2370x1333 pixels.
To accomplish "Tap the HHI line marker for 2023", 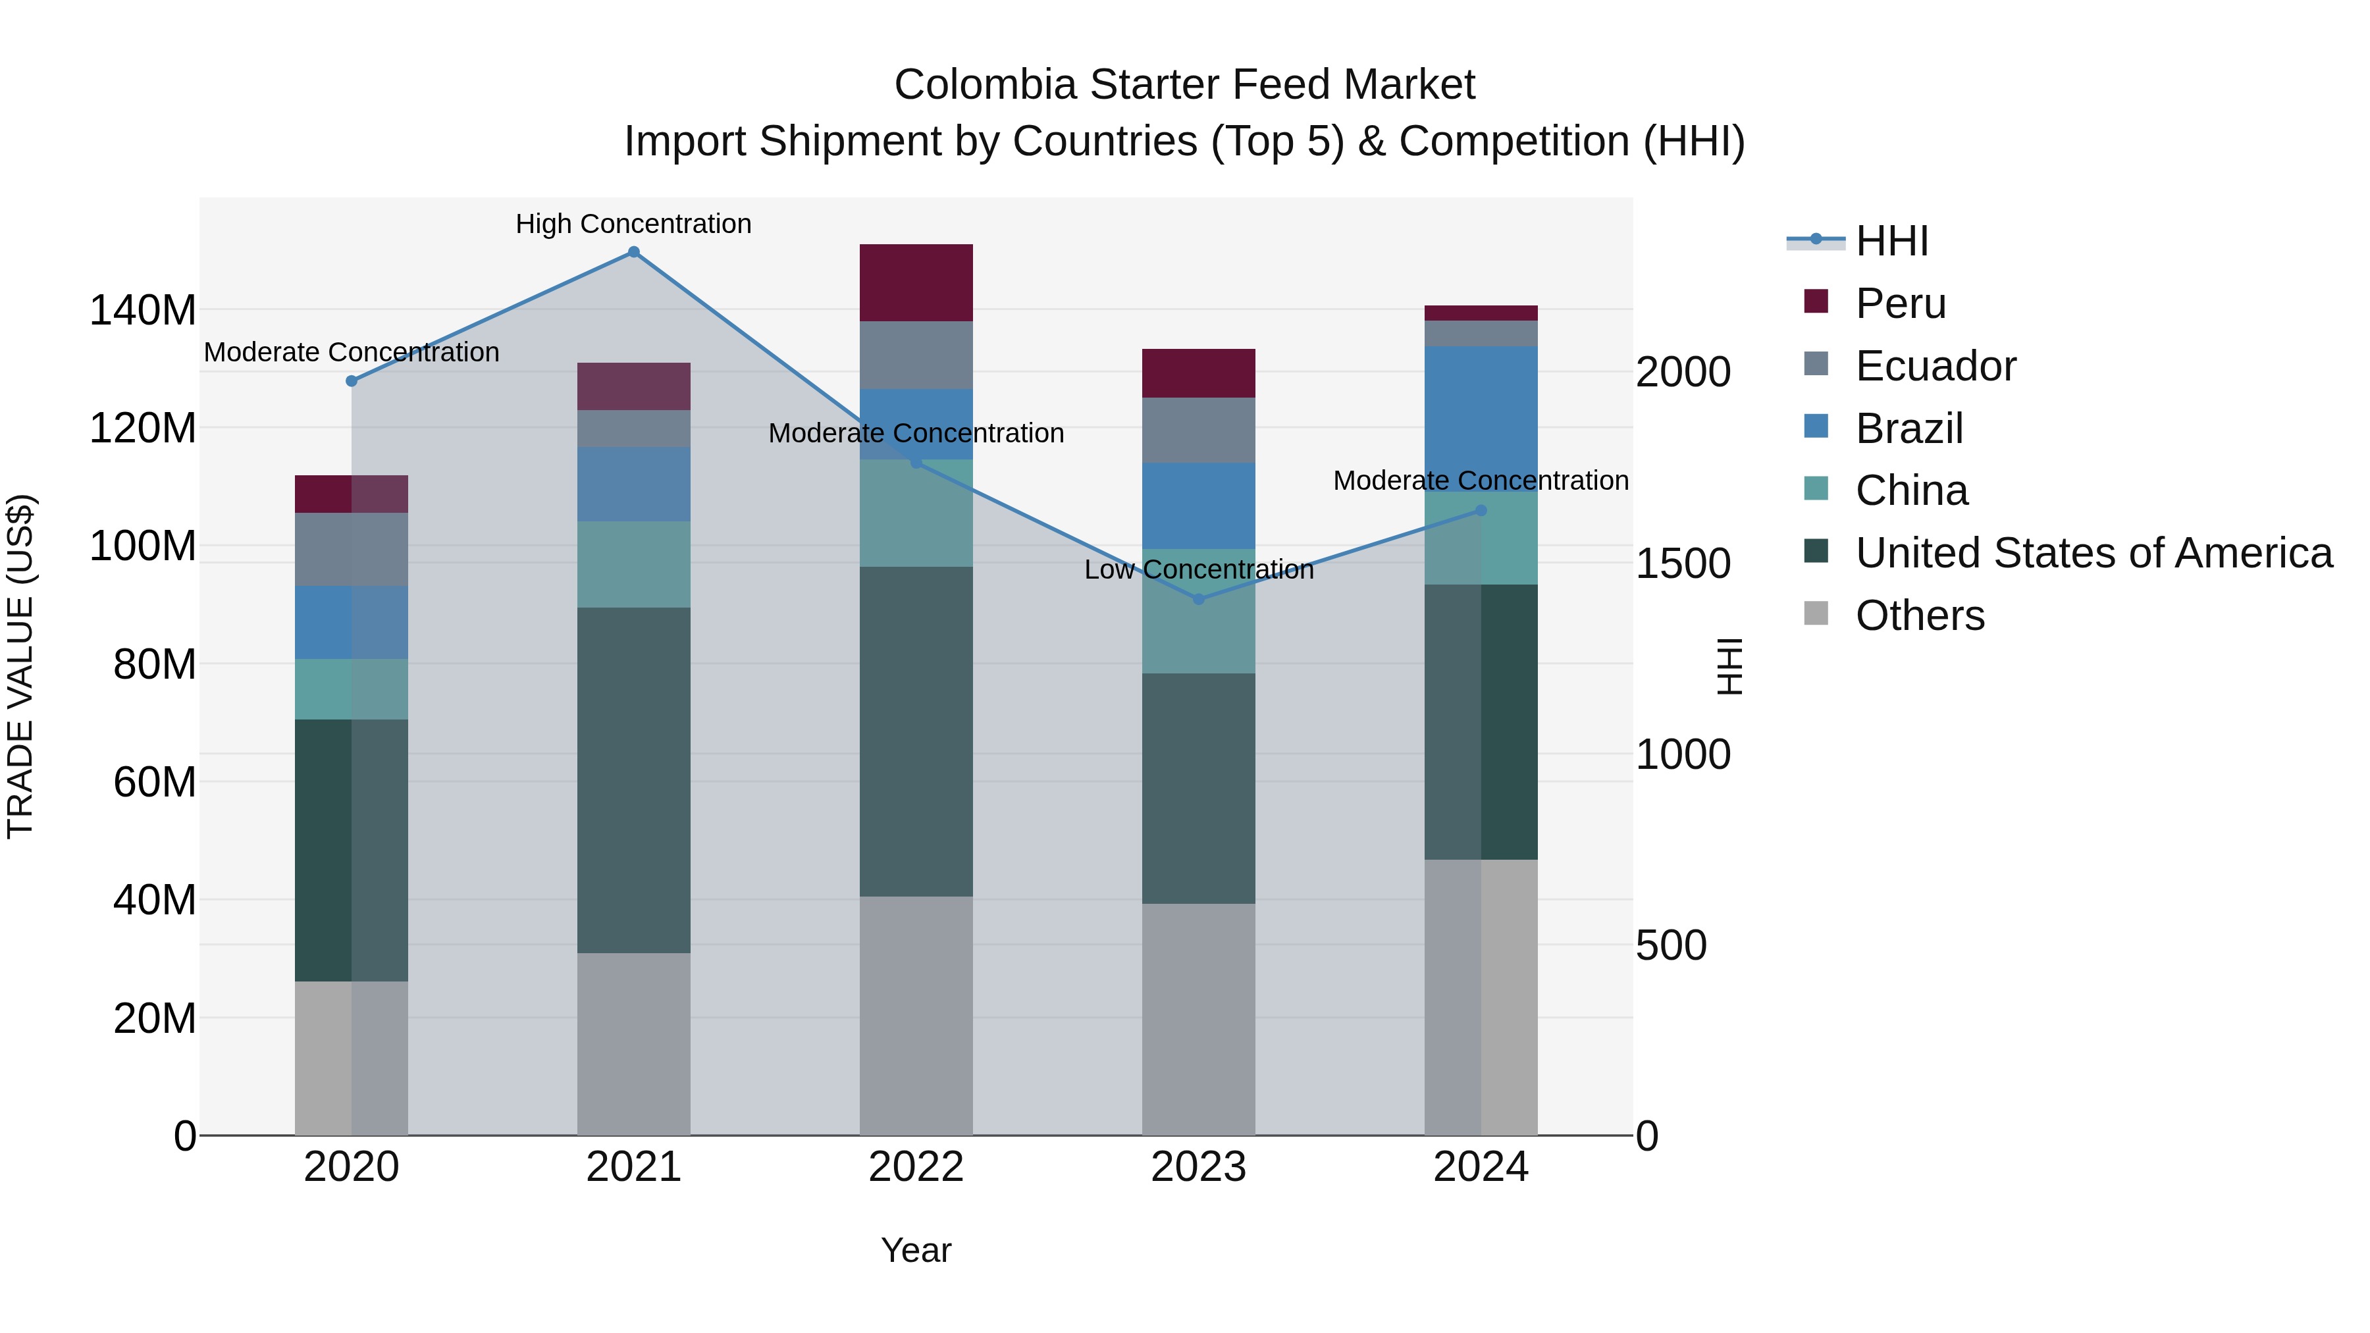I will (x=1198, y=600).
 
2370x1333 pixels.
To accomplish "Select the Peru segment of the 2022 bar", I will (x=916, y=282).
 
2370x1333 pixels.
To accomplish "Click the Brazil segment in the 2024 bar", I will (x=1481, y=419).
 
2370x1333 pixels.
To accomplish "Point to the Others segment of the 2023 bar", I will (x=1198, y=1018).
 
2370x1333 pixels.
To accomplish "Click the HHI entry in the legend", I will (x=1891, y=241).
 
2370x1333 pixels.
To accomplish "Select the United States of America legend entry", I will (x=2093, y=553).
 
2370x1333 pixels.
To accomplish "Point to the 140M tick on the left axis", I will (x=143, y=310).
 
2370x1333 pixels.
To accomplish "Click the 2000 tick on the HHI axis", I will (x=1683, y=372).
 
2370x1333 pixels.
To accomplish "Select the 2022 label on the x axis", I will (x=916, y=1167).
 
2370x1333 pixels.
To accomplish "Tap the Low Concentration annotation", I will (x=1198, y=569).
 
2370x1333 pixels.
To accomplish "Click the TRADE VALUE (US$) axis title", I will (x=20, y=666).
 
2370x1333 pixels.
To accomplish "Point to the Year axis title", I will (x=916, y=1250).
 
